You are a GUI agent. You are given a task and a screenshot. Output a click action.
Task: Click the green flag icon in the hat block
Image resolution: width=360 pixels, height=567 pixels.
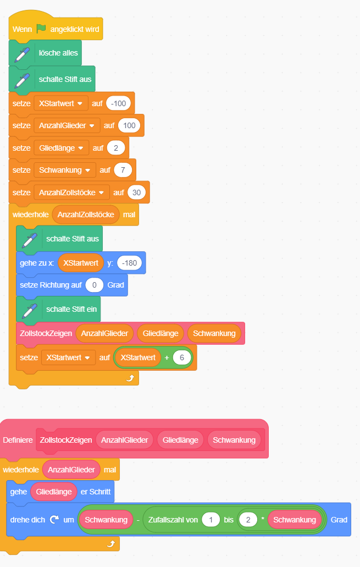pyautogui.click(x=42, y=29)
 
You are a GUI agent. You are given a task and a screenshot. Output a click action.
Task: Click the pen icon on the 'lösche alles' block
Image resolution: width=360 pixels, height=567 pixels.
pyautogui.click(x=23, y=53)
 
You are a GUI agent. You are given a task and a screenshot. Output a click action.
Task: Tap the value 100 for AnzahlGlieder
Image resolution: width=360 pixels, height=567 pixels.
pyautogui.click(x=130, y=125)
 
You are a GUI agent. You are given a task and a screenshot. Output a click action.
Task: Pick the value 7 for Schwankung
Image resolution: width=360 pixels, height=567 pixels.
pyautogui.click(x=123, y=170)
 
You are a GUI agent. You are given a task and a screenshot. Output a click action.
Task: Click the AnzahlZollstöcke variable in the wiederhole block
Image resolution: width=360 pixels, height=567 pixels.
pyautogui.click(x=86, y=214)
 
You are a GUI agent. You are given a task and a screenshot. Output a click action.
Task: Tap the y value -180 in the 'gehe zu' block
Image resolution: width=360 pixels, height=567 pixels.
pyautogui.click(x=129, y=263)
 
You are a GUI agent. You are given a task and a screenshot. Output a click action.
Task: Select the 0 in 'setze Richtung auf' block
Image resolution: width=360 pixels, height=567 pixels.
pyautogui.click(x=95, y=285)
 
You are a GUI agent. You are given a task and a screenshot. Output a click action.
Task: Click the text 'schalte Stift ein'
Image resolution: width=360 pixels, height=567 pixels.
pyautogui.click(x=71, y=309)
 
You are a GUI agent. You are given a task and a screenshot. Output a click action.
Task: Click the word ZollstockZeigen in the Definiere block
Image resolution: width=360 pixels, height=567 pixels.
pyautogui.click(x=65, y=440)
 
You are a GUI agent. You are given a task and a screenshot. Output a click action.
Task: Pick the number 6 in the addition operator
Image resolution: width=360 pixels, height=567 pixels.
pyautogui.click(x=181, y=357)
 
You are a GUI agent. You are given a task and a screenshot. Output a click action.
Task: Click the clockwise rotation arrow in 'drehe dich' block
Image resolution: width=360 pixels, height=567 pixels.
pyautogui.click(x=54, y=520)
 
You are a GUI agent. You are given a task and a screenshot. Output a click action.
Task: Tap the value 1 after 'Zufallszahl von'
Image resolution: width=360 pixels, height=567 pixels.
pyautogui.click(x=211, y=520)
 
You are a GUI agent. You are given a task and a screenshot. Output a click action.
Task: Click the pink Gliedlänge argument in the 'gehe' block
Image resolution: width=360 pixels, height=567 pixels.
pyautogui.click(x=54, y=492)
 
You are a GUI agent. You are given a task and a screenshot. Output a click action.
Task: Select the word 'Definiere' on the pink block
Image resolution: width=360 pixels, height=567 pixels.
pyautogui.click(x=18, y=440)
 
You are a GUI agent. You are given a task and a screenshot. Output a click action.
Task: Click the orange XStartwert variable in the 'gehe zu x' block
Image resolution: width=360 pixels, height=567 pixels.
pyautogui.click(x=81, y=263)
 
